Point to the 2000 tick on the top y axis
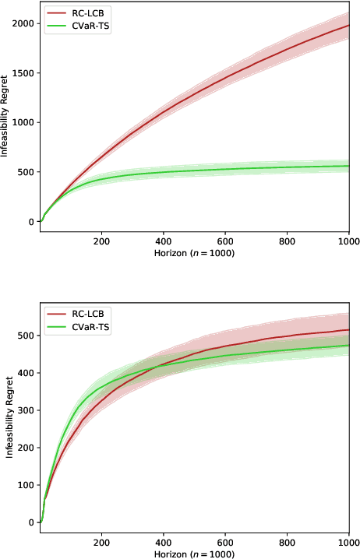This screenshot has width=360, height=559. [23, 23]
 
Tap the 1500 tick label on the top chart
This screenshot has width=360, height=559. [23, 73]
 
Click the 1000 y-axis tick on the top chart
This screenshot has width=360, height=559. [23, 123]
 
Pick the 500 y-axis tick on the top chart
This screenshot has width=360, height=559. [26, 172]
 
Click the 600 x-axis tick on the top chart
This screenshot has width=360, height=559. [225, 242]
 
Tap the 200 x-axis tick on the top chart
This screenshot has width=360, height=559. [101, 242]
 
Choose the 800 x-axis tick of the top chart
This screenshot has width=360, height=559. [287, 242]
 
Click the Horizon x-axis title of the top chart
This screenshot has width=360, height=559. [194, 254]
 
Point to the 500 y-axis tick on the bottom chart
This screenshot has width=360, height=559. [26, 336]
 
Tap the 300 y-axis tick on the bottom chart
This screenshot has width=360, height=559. [26, 410]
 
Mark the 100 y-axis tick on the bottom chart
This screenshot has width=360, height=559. [26, 485]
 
